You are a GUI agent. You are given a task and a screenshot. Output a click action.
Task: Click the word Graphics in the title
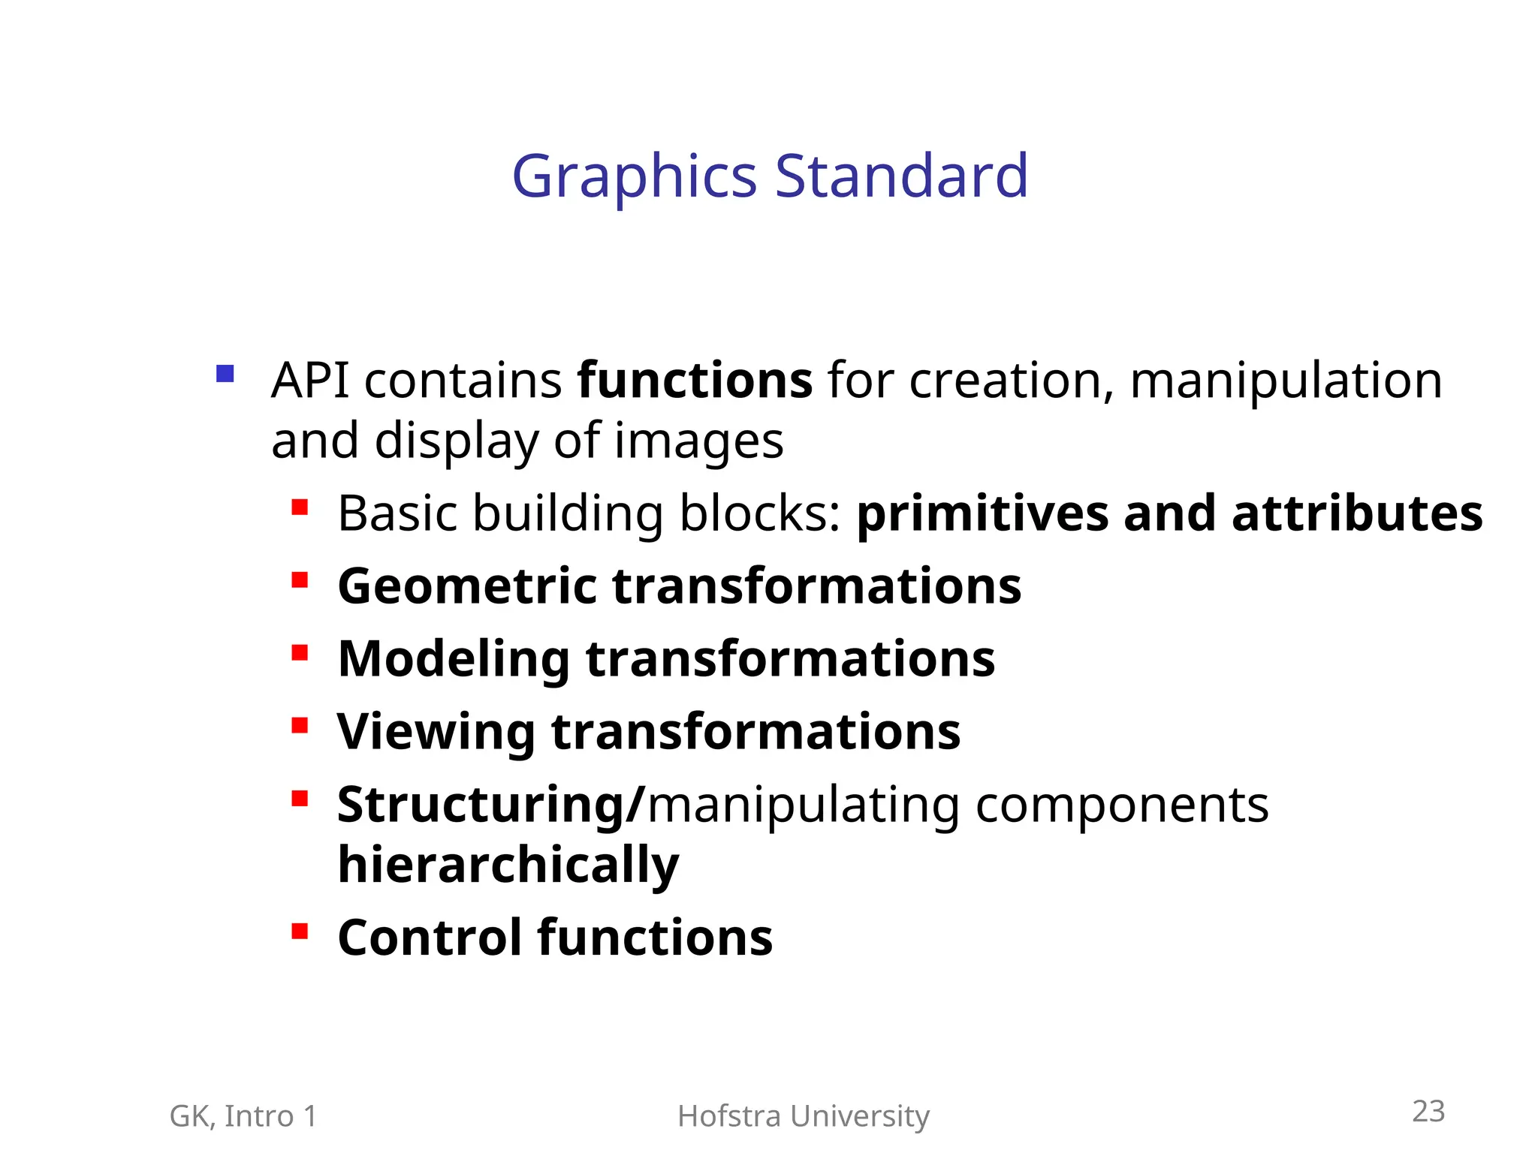[634, 177]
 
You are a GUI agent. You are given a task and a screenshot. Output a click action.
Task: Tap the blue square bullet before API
[225, 373]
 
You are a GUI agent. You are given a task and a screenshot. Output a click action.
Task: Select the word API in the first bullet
[309, 380]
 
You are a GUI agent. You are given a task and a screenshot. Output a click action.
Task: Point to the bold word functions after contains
[695, 380]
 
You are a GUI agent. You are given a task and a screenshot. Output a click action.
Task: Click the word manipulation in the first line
[1286, 380]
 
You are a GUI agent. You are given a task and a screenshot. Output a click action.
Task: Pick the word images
[698, 441]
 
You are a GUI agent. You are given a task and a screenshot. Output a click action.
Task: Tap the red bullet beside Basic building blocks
[300, 507]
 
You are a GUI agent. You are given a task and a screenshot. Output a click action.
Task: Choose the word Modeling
[454, 659]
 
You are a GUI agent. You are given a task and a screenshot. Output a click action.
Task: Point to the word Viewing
[436, 732]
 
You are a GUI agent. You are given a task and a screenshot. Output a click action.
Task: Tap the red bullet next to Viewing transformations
[300, 725]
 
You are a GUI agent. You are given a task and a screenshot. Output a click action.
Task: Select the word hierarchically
[508, 865]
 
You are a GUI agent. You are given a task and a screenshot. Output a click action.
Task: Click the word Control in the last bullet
[430, 938]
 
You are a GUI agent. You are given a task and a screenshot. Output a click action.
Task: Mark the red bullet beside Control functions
[300, 932]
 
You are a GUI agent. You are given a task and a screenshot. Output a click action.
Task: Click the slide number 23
[1428, 1111]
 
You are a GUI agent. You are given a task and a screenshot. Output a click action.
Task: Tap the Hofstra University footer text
[803, 1116]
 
